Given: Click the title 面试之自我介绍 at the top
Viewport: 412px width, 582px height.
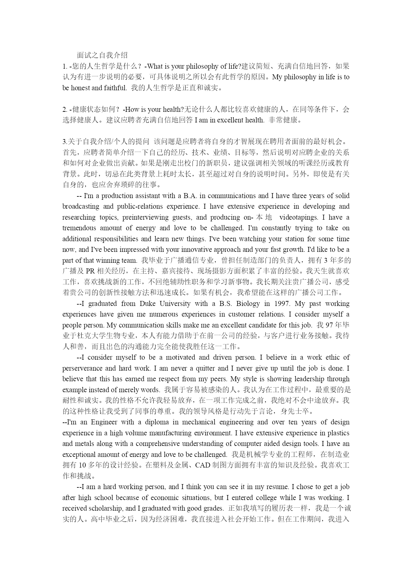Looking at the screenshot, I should (102, 55).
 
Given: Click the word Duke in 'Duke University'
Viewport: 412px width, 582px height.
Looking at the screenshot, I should (147, 304).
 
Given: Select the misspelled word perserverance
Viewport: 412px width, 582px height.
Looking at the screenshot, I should (82, 368).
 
